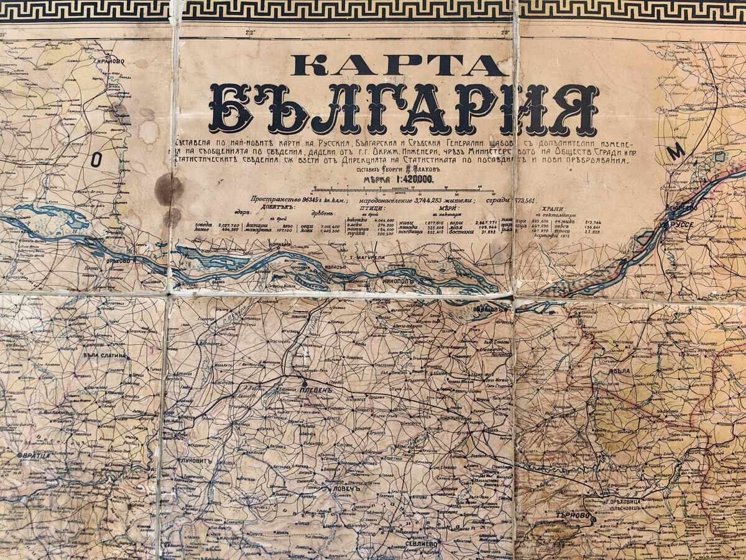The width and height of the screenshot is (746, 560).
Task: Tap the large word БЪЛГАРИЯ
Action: point(404,110)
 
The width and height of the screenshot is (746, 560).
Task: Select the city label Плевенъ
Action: point(318,390)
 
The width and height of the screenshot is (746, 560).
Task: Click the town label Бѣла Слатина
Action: point(104,355)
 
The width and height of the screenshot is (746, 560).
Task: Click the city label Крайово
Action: point(109,62)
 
